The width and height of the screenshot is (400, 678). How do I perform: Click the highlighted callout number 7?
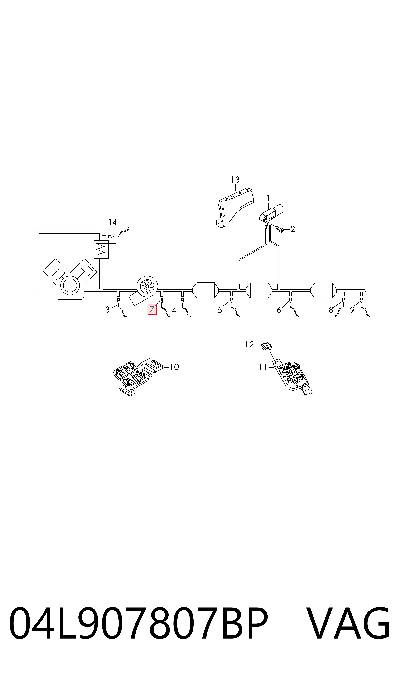pyautogui.click(x=152, y=309)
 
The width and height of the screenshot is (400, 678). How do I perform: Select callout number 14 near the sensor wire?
pyautogui.click(x=112, y=222)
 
